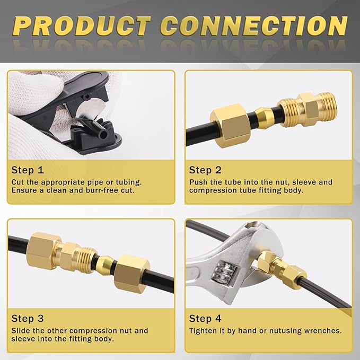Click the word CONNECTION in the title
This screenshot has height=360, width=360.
pos(254,26)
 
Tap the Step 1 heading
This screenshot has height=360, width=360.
pos(28,170)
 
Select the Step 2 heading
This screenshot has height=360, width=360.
pos(205,170)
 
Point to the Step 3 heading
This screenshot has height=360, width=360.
pos(28,319)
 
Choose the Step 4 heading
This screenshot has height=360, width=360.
pos(205,319)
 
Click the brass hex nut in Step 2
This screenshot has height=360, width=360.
pos(230,125)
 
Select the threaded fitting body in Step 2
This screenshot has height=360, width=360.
pos(306,109)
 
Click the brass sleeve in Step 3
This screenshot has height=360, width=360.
pos(105,265)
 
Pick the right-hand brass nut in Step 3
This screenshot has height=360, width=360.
pos(132,274)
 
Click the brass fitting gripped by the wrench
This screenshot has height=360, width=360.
pos(283,267)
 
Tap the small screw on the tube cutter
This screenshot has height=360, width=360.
pos(86,96)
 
